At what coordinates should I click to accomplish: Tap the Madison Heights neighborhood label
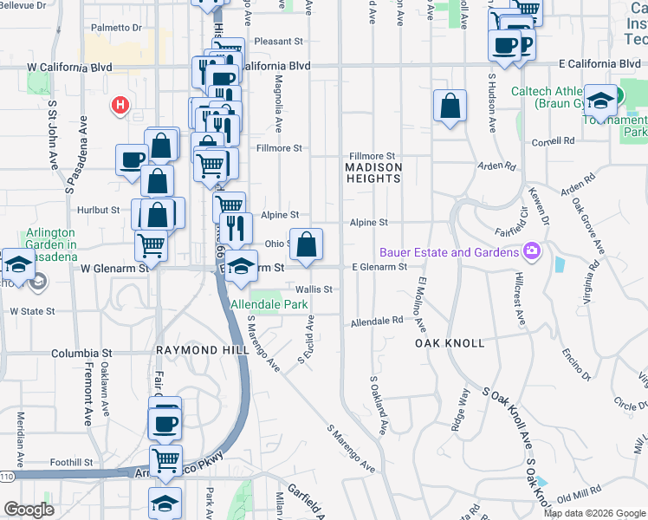(x=373, y=172)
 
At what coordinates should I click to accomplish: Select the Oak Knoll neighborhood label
(x=449, y=343)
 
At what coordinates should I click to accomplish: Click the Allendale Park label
(x=269, y=305)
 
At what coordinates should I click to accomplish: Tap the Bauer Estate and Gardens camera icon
(x=531, y=252)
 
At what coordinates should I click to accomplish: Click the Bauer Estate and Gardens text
(x=449, y=252)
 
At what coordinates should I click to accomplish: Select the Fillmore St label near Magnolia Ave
(x=279, y=148)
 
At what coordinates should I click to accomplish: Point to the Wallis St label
(x=314, y=289)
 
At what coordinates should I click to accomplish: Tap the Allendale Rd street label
(x=377, y=321)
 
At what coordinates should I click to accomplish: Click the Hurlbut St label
(x=97, y=210)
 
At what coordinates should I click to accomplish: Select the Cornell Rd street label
(x=554, y=140)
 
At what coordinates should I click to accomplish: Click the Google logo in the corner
(x=29, y=510)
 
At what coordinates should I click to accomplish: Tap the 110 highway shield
(x=7, y=476)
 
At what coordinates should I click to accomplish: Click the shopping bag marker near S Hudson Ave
(x=450, y=107)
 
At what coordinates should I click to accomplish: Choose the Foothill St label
(x=71, y=462)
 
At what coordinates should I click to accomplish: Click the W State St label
(x=32, y=310)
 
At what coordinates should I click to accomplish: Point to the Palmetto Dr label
(x=116, y=27)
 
